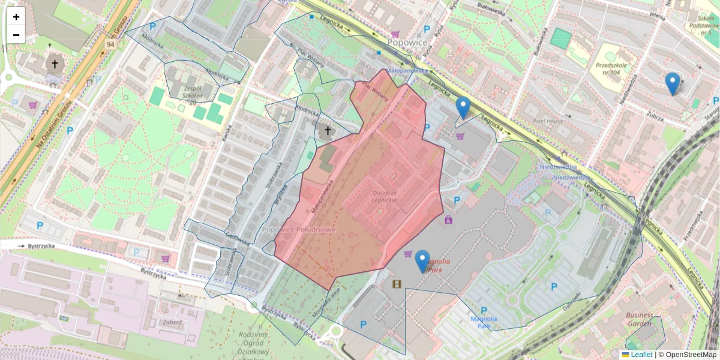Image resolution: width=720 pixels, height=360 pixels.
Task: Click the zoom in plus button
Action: click(x=16, y=17)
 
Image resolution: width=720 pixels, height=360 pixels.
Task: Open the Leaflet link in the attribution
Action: click(x=641, y=355)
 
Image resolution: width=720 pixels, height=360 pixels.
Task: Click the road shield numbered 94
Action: click(x=109, y=45)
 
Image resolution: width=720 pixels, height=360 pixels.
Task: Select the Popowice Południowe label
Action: click(x=299, y=230)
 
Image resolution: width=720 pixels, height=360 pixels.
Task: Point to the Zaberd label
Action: click(x=172, y=322)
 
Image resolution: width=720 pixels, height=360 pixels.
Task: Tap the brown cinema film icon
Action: click(x=396, y=284)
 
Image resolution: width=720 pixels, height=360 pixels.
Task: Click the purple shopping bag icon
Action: click(x=448, y=220)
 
